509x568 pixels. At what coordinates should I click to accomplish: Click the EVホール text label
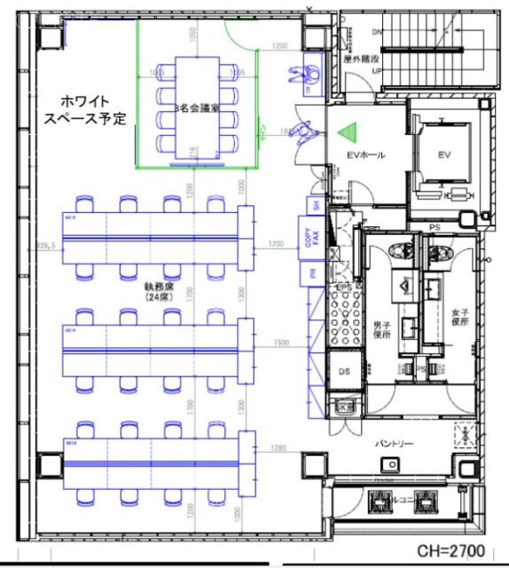[365, 155]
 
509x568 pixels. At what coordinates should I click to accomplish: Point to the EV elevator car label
[445, 154]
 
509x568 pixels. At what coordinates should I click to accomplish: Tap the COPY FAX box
[310, 237]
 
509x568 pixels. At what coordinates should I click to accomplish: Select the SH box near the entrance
[312, 205]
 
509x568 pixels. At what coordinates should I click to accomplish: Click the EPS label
[344, 291]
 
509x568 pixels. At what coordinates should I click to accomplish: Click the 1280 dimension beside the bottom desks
[278, 447]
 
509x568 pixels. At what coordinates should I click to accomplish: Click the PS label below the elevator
[435, 227]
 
